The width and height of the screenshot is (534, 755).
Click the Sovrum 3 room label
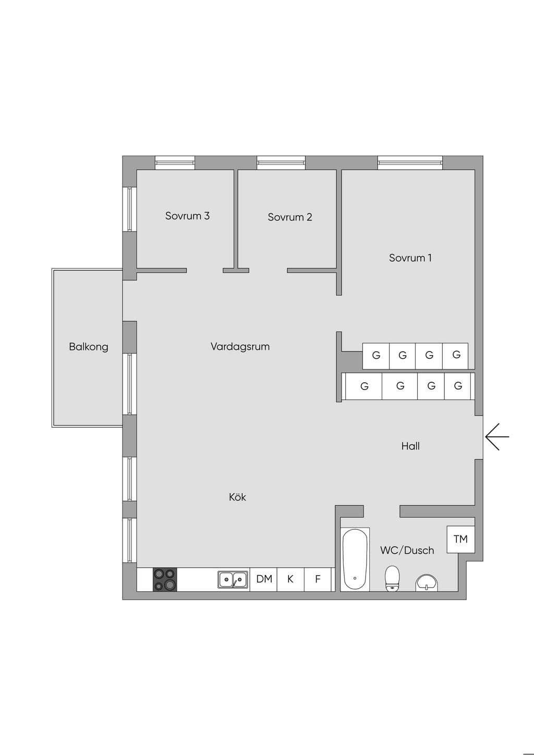pyautogui.click(x=187, y=216)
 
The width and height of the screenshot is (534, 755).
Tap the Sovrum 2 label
pyautogui.click(x=290, y=217)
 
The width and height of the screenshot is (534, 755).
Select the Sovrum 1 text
pyautogui.click(x=410, y=258)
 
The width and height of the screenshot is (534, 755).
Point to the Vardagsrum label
pyautogui.click(x=240, y=347)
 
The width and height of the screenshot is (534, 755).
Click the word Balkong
pyautogui.click(x=89, y=347)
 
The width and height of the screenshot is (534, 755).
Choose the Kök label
pyautogui.click(x=237, y=497)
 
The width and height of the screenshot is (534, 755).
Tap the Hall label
pyautogui.click(x=410, y=446)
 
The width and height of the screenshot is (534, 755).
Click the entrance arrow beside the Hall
pyautogui.click(x=497, y=436)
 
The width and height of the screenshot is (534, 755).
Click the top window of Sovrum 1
pyautogui.click(x=410, y=163)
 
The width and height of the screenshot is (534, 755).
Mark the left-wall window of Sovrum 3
pyautogui.click(x=129, y=209)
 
